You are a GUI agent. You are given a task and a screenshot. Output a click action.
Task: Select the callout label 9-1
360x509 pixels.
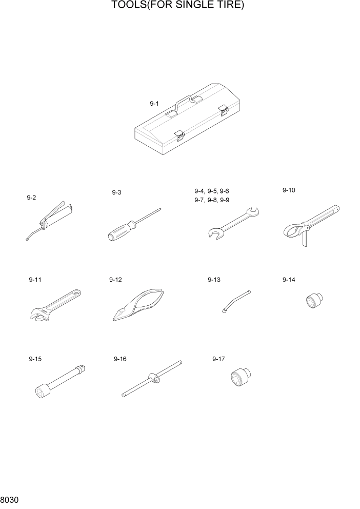154,104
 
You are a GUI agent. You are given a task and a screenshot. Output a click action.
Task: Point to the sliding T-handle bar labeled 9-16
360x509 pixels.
152,379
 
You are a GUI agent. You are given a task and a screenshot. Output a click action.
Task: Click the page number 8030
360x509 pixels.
9,499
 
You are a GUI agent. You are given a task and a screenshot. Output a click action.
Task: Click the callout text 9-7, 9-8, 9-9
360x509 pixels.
212,200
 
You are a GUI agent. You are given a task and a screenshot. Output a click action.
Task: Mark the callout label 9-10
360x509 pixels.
289,190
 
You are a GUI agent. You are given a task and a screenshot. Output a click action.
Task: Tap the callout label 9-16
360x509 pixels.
120,359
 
